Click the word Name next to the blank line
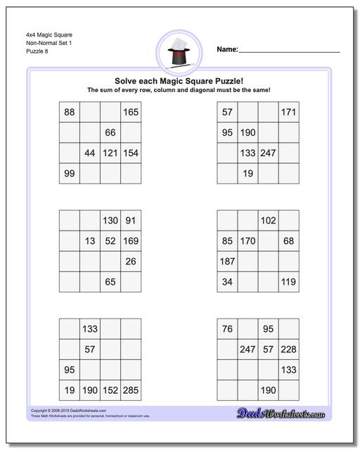(226, 50)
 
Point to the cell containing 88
(70, 112)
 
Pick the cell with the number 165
(131, 112)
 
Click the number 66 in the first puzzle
(110, 132)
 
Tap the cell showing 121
(110, 153)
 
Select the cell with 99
(70, 174)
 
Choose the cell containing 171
(288, 112)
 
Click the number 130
(110, 220)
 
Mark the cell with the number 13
(90, 241)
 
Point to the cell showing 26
(131, 262)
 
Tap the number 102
(268, 220)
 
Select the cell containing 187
(227, 262)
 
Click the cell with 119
(288, 282)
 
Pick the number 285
(131, 390)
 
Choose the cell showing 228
(288, 349)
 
